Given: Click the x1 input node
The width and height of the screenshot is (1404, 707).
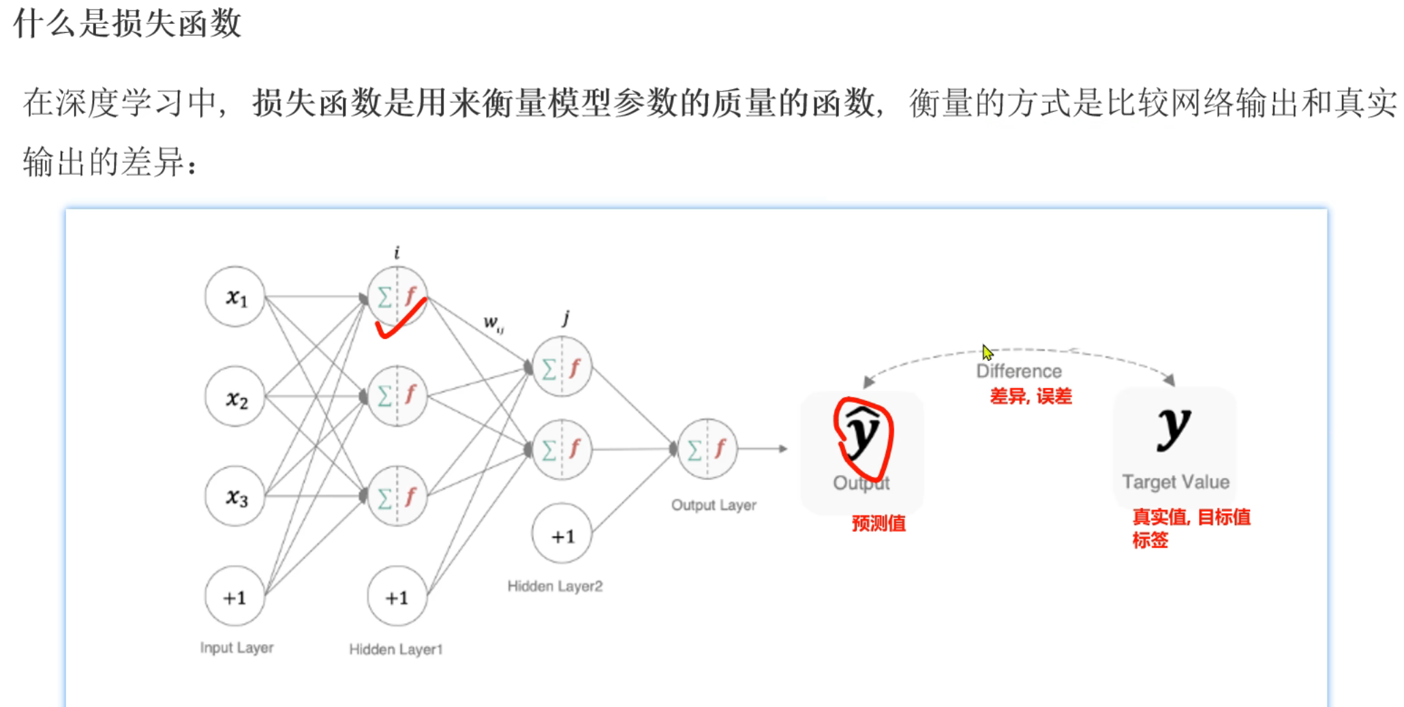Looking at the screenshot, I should [x=235, y=297].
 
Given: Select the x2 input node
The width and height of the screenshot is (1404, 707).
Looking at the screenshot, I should [x=235, y=397].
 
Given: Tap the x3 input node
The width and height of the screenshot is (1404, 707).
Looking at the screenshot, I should [x=235, y=496].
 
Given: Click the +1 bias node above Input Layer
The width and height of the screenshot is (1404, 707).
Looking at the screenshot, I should [x=235, y=597].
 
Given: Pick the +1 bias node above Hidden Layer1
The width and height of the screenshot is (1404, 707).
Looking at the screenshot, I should [x=397, y=597].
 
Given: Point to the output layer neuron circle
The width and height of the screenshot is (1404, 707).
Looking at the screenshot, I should [x=707, y=449].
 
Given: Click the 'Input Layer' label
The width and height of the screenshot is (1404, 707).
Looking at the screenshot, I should [x=236, y=648].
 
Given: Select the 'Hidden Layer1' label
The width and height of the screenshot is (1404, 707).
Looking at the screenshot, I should [x=395, y=649].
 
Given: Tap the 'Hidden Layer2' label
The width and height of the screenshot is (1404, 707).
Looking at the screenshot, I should [x=555, y=586].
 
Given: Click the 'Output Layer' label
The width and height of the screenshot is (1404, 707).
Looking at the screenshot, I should [x=714, y=505].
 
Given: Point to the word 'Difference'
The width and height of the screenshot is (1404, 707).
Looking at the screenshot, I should [x=1019, y=371].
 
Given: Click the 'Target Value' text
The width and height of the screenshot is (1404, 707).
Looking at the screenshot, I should [x=1176, y=482].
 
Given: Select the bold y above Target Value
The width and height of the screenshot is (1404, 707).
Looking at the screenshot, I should [x=1174, y=428].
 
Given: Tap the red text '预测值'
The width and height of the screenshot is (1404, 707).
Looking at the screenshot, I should [x=879, y=524].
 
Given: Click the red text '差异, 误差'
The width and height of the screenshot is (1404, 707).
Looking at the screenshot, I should [x=1031, y=396].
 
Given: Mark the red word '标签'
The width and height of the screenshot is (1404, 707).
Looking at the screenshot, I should [x=1150, y=541].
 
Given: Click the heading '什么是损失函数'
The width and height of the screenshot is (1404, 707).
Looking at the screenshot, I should [x=127, y=23].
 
